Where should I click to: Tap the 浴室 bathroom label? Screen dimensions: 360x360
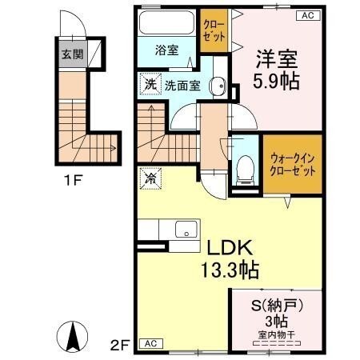coord(166,50)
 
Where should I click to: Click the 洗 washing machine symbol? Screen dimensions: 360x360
coord(150,84)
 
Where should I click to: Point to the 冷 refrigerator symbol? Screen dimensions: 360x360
coord(149,179)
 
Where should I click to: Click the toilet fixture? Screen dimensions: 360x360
coord(245,168)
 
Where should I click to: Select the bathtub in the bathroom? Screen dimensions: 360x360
coord(166,24)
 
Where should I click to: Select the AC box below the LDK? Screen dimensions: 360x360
coord(149,343)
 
